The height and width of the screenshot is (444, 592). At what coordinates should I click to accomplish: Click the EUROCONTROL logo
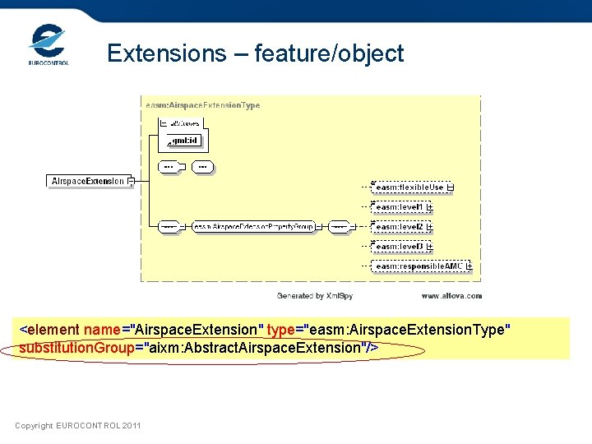click(x=48, y=45)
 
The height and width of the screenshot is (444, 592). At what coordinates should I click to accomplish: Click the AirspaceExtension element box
click(x=88, y=181)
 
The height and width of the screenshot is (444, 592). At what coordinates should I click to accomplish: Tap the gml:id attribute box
click(x=183, y=141)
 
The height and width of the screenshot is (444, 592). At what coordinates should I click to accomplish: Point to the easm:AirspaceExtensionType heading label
click(x=203, y=105)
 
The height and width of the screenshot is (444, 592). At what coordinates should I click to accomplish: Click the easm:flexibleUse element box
click(x=409, y=187)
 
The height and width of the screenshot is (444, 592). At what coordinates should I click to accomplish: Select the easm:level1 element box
click(x=400, y=207)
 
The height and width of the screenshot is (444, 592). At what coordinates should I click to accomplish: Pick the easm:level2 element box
click(x=400, y=227)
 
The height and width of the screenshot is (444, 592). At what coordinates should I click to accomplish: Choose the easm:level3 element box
click(x=400, y=247)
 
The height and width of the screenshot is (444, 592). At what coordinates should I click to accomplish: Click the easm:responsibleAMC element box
click(x=419, y=266)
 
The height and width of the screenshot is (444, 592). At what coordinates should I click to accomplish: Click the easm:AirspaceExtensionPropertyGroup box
click(x=253, y=226)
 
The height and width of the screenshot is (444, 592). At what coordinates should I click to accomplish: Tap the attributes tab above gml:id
click(x=184, y=123)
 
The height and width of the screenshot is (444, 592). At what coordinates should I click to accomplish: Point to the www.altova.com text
click(x=451, y=295)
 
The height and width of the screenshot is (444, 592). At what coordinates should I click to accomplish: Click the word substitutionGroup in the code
click(x=76, y=348)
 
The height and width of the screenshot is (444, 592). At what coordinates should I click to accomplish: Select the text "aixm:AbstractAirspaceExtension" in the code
click(x=254, y=348)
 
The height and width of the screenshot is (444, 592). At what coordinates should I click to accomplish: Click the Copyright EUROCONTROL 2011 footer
click(x=77, y=425)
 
